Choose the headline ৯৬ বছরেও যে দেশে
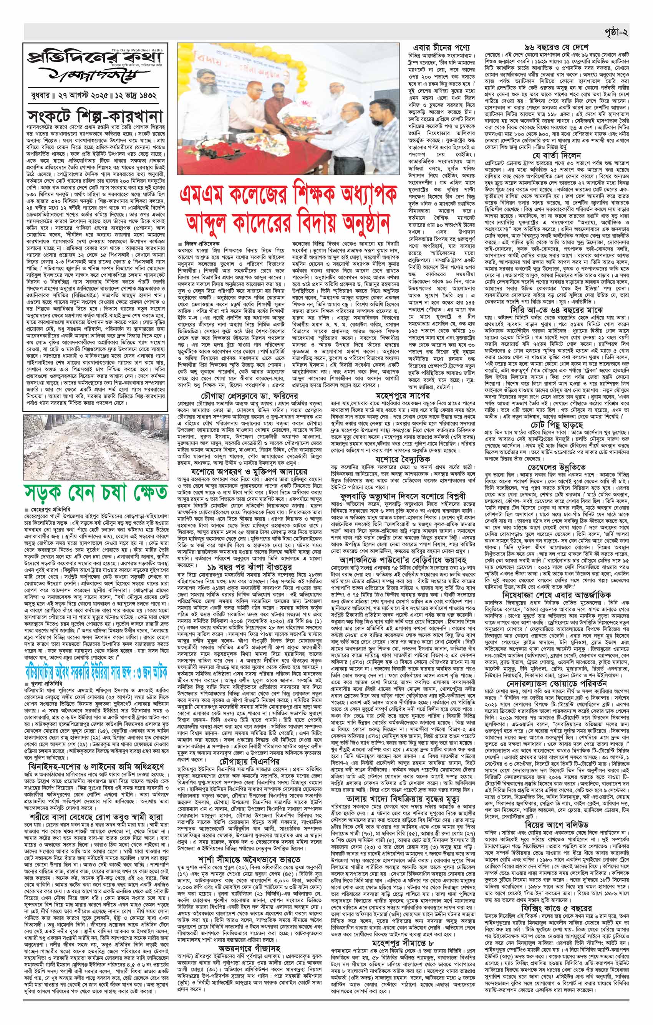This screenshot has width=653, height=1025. (557, 46)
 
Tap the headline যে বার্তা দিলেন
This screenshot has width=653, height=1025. (557, 156)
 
